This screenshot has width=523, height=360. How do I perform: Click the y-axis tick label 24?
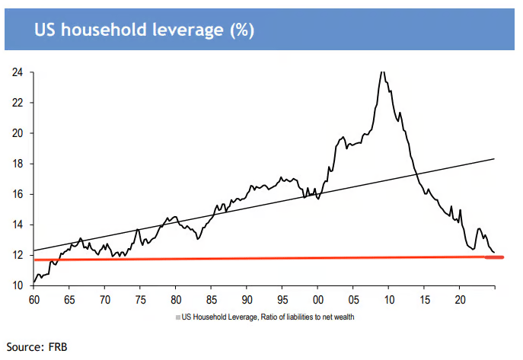pyautogui.click(x=17, y=72)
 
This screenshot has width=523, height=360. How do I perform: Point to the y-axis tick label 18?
pyautogui.click(x=17, y=164)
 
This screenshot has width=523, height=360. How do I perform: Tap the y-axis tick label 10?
pyautogui.click(x=17, y=285)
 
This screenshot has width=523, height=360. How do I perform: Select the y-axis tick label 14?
pyautogui.click(x=17, y=225)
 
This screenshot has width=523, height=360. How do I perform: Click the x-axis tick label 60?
pyautogui.click(x=33, y=301)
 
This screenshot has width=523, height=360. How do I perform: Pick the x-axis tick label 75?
pyautogui.click(x=139, y=301)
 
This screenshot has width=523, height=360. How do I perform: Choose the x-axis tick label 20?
pyautogui.click(x=459, y=301)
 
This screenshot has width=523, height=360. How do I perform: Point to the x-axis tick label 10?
pyautogui.click(x=387, y=301)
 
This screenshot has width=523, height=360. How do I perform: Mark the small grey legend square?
pyautogui.click(x=177, y=316)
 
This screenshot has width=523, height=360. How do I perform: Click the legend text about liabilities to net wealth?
pyautogui.click(x=268, y=316)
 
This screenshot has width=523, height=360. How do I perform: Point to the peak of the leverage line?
pyautogui.click(x=381, y=72)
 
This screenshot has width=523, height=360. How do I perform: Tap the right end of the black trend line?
pyautogui.click(x=495, y=158)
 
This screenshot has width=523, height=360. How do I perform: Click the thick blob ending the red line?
pyautogui.click(x=495, y=257)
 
